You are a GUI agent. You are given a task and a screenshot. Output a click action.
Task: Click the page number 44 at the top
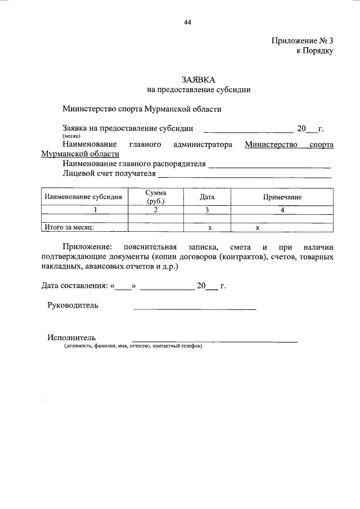[x=188, y=22]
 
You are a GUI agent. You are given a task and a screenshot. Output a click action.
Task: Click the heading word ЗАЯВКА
[x=198, y=80]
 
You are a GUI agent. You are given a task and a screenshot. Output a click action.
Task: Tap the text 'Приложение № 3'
[x=303, y=40]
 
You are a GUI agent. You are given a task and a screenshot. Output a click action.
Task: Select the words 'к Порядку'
[x=315, y=51]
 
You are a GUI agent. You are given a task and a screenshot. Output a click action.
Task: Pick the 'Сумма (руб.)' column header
[x=155, y=196]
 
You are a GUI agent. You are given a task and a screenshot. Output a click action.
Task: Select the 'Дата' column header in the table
[x=207, y=197]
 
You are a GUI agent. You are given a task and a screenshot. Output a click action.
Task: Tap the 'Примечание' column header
[x=282, y=197]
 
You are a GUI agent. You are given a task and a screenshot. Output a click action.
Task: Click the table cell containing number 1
[x=96, y=210]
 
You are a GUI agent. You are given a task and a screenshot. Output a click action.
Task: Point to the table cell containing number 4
[x=282, y=210]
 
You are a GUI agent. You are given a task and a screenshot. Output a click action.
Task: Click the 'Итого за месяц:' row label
[x=69, y=228]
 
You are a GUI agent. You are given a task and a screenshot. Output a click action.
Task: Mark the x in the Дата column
[x=209, y=228]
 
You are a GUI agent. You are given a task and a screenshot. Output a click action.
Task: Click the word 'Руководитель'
[x=73, y=305]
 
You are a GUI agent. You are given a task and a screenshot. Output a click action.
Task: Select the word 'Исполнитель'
[x=71, y=337]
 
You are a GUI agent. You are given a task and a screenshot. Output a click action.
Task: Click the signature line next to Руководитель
[x=194, y=309]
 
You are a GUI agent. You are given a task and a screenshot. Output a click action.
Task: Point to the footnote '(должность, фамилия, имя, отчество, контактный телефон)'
[x=133, y=346]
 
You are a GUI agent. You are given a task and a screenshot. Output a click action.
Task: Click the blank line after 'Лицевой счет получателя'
[x=245, y=177]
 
